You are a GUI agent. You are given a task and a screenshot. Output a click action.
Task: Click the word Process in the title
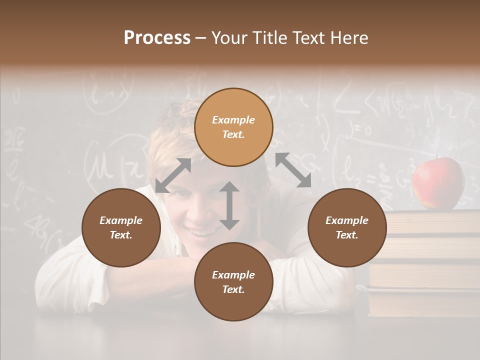tap(157, 38)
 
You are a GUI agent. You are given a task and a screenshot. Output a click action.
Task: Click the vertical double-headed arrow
tap(229, 205)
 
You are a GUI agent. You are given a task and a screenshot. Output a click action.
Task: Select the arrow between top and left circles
tap(173, 175)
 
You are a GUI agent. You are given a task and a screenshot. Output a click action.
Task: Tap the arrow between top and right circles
tap(293, 170)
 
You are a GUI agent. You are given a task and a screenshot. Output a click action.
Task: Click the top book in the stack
tap(433, 221)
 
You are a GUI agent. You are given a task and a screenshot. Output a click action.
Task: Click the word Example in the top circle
tap(233, 120)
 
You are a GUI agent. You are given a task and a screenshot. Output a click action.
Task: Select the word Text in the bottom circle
tap(233, 289)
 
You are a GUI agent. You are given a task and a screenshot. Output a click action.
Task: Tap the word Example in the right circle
tap(347, 220)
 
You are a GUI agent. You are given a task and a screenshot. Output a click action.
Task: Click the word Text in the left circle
tap(121, 235)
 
